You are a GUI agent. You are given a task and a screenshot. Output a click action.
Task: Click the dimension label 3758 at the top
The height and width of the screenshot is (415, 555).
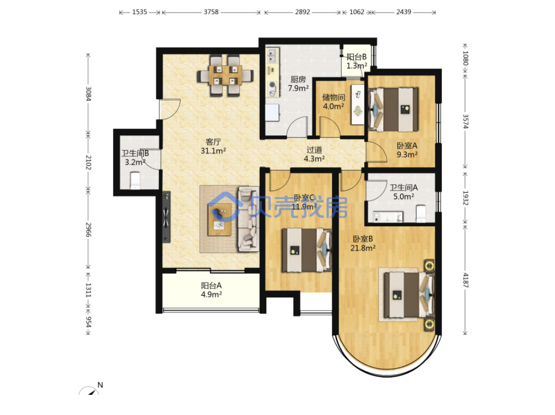coord(211,12)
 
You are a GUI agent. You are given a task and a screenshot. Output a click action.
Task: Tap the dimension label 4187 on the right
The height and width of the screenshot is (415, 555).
coord(466,280)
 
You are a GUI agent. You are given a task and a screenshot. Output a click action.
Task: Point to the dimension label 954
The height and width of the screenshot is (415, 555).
coord(88,322)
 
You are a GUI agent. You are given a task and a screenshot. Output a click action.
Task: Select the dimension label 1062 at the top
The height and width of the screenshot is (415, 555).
coord(357,12)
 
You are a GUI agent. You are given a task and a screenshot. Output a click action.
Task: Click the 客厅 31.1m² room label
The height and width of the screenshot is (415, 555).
coord(213,146)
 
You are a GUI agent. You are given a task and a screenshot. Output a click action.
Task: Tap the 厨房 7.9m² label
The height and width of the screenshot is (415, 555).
coord(298,84)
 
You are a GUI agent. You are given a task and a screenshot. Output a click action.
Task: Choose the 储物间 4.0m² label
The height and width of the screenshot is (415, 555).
coord(334,101)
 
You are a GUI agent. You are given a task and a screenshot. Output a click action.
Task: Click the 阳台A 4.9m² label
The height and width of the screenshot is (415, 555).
coord(211,290)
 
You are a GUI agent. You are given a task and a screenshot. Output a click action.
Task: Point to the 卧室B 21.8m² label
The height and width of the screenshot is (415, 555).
coord(363,243)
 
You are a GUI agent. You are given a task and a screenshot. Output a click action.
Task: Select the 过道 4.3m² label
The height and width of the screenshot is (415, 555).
coord(314,154)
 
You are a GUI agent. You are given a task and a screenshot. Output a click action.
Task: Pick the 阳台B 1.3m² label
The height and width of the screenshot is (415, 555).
coord(356,61)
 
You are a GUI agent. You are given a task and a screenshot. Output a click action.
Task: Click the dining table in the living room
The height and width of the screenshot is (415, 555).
coord(225,75)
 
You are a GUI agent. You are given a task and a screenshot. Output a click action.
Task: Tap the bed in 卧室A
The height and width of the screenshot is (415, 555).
coord(393,110)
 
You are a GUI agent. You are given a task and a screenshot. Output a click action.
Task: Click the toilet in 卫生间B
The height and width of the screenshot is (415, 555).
coord(135,180)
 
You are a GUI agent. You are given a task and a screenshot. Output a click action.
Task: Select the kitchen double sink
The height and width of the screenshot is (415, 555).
coord(272,56)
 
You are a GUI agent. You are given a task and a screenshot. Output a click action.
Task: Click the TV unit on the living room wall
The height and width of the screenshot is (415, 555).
coord(166,218)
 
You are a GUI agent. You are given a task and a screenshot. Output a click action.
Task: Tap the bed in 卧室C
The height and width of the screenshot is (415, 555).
coord(307,250)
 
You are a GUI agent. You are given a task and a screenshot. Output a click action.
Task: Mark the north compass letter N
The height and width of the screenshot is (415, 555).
coord(100,385)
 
